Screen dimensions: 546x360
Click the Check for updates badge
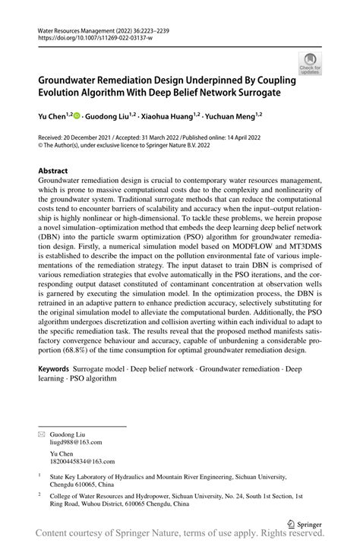pyautogui.click(x=310, y=64)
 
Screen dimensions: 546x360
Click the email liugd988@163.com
pyautogui.click(x=74, y=441)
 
